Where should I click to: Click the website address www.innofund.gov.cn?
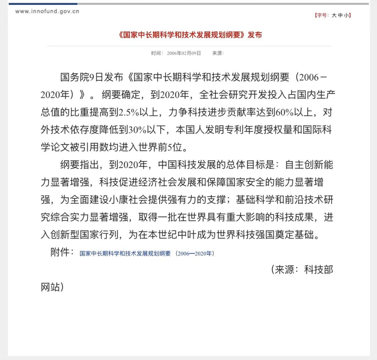click(x=47, y=11)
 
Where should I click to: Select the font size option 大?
click(x=334, y=15)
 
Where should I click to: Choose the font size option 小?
click(x=347, y=15)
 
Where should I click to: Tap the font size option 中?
click(x=341, y=15)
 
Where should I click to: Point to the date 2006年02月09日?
click(x=184, y=53)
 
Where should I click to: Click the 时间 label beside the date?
click(x=156, y=53)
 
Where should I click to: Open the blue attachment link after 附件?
click(x=147, y=253)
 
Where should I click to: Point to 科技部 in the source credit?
click(x=319, y=270)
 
